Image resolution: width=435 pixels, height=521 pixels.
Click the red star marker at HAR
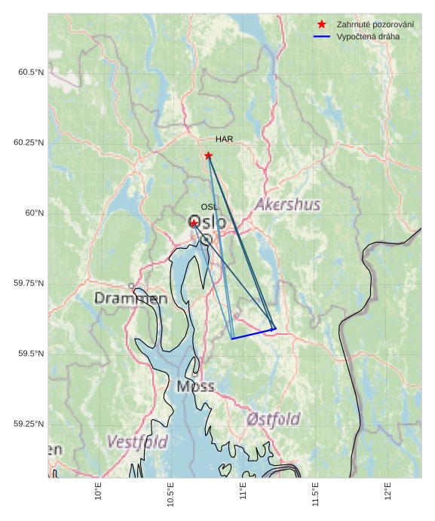[x=208, y=155]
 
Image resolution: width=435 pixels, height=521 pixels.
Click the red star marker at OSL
[x=194, y=223]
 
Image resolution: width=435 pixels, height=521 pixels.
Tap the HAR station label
[x=224, y=139]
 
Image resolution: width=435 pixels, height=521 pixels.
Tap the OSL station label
[x=209, y=207]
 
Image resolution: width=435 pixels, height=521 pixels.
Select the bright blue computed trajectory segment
[x=253, y=334]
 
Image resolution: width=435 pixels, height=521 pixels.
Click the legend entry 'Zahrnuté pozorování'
[x=375, y=25]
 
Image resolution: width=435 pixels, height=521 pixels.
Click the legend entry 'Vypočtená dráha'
[x=368, y=36]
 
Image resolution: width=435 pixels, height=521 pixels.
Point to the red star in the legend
[x=322, y=25]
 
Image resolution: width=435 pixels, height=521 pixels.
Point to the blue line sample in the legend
[x=322, y=36]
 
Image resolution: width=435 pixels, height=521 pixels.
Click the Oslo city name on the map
[x=207, y=223]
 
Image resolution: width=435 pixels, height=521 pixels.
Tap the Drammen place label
[x=131, y=299]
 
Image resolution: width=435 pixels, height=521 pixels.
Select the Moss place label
[x=195, y=387]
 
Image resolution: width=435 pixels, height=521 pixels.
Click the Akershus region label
[x=287, y=205]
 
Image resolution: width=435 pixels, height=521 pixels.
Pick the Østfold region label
[x=273, y=419]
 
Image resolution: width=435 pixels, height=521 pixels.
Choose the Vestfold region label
[x=137, y=442]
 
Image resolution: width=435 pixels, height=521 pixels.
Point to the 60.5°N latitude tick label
[x=31, y=72]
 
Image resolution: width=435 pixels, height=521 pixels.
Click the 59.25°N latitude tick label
[x=29, y=424]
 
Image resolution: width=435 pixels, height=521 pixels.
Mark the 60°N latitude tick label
[x=35, y=213]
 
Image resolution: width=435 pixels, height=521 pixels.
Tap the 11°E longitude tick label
[x=244, y=494]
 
